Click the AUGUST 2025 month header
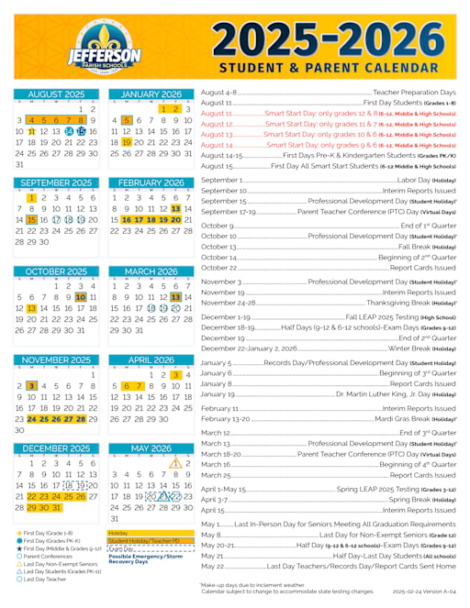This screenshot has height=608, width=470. click(57, 94)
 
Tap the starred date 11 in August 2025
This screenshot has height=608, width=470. click(31, 131)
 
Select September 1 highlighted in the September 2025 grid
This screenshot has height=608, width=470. click(31, 197)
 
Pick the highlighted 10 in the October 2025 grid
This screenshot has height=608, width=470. click(81, 297)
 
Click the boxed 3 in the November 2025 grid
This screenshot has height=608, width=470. click(31, 386)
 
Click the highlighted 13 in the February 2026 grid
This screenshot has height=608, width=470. click(175, 209)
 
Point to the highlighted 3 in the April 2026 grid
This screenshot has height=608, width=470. click(175, 374)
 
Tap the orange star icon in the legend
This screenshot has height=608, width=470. click(19, 532)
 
